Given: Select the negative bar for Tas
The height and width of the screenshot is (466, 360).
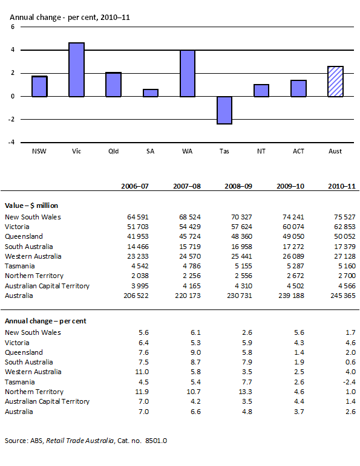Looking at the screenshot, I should (x=224, y=110).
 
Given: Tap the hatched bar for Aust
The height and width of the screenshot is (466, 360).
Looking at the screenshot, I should (x=335, y=82).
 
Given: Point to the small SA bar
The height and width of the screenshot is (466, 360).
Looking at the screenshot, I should (x=150, y=93).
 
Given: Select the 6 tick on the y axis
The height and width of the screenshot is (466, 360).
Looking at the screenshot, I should (x=12, y=28).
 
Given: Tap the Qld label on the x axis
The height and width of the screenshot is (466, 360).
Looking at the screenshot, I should (x=113, y=151).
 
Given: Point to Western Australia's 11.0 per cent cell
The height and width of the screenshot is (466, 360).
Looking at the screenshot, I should (x=141, y=372).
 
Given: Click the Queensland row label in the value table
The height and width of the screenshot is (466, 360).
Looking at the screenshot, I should (x=24, y=236).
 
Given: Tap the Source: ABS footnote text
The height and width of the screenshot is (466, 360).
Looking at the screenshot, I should (x=85, y=441).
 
